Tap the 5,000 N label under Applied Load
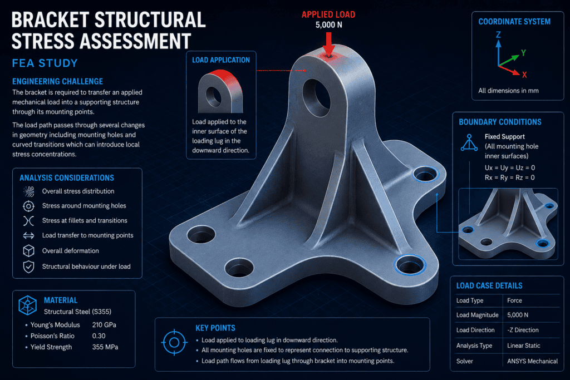328,24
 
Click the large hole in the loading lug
316,97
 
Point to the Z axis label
498,34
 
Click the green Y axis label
523,53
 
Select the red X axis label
524,75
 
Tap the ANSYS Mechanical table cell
532,361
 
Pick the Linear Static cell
523,346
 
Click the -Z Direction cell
523,330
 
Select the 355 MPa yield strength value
105,347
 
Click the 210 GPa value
104,325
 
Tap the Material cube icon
28,305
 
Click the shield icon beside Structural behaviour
29,267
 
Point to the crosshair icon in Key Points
174,342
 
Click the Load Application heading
221,60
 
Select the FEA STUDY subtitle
45,63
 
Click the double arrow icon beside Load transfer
29,236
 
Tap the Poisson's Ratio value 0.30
99,336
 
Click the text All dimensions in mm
508,91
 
